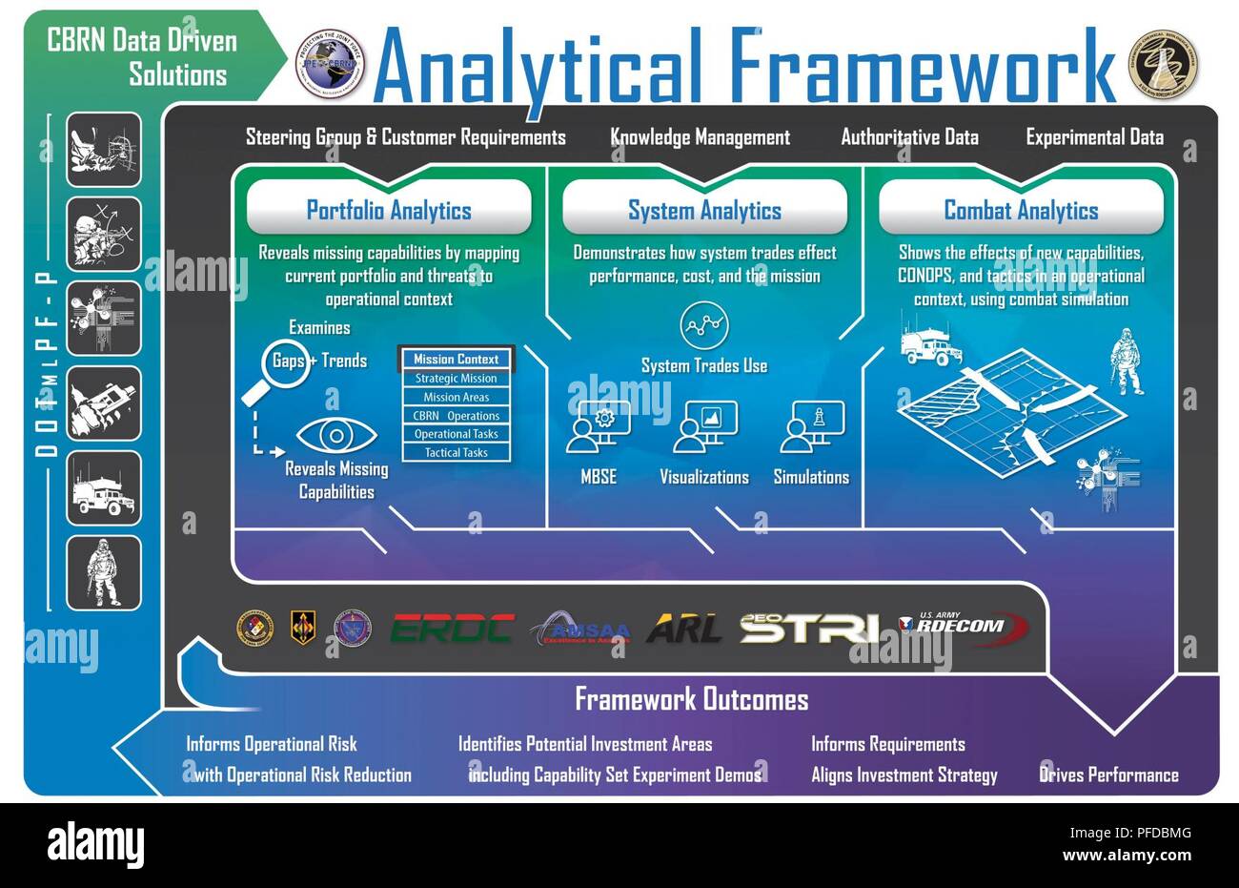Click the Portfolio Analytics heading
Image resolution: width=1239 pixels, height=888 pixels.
(389, 210)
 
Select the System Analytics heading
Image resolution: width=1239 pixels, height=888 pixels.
(704, 210)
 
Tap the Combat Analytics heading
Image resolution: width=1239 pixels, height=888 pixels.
(1021, 210)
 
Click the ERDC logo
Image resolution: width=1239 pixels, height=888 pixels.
(453, 629)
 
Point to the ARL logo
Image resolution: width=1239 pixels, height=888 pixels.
(683, 629)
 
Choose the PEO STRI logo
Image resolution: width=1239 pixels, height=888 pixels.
(809, 629)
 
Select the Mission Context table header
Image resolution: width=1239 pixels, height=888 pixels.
(457, 360)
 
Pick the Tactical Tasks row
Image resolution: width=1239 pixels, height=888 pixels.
(457, 453)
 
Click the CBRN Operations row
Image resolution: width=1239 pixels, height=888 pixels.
(457, 416)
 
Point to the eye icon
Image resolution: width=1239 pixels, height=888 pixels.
(335, 435)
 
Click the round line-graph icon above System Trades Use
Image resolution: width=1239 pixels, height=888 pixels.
(704, 326)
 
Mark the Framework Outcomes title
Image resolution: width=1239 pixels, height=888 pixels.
(691, 699)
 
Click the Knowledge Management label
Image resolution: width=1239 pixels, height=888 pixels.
(701, 137)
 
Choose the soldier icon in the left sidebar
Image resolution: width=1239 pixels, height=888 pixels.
(103, 572)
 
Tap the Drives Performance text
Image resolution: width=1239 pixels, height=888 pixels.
(1108, 774)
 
